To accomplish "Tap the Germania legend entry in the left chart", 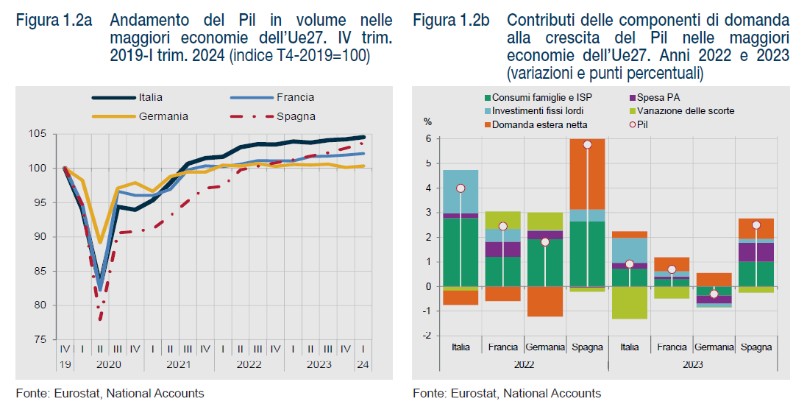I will (x=163, y=116).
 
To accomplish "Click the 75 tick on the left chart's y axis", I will (x=41, y=340).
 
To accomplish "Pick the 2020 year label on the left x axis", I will (x=108, y=364).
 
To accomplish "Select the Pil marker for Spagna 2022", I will (x=587, y=144).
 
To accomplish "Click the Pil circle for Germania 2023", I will (x=714, y=294).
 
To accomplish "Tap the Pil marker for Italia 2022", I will (x=461, y=188).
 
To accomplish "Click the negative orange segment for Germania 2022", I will (x=545, y=301).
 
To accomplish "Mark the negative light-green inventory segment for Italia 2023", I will (x=629, y=302).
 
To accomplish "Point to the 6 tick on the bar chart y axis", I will (x=428, y=139).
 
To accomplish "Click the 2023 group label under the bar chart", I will (x=692, y=364).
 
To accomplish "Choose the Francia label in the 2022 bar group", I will (x=503, y=347).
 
